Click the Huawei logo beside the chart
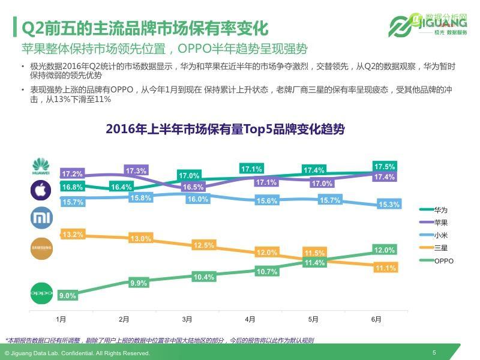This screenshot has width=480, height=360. (41, 166)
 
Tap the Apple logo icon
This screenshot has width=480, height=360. (41, 191)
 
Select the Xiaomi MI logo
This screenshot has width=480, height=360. (41, 218)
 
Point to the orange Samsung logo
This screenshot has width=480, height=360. (41, 248)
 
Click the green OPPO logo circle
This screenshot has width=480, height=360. (41, 294)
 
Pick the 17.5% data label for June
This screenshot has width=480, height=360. (384, 166)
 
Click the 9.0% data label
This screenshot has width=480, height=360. (67, 295)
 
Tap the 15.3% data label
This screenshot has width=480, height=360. (389, 205)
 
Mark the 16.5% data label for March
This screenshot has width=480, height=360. (193, 187)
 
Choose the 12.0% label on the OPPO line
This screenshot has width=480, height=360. (384, 250)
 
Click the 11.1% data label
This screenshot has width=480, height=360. (384, 268)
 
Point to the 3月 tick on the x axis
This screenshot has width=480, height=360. (187, 319)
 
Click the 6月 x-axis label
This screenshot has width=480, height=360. (376, 319)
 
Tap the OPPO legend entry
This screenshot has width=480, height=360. (443, 261)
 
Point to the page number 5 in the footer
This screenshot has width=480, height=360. (434, 352)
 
